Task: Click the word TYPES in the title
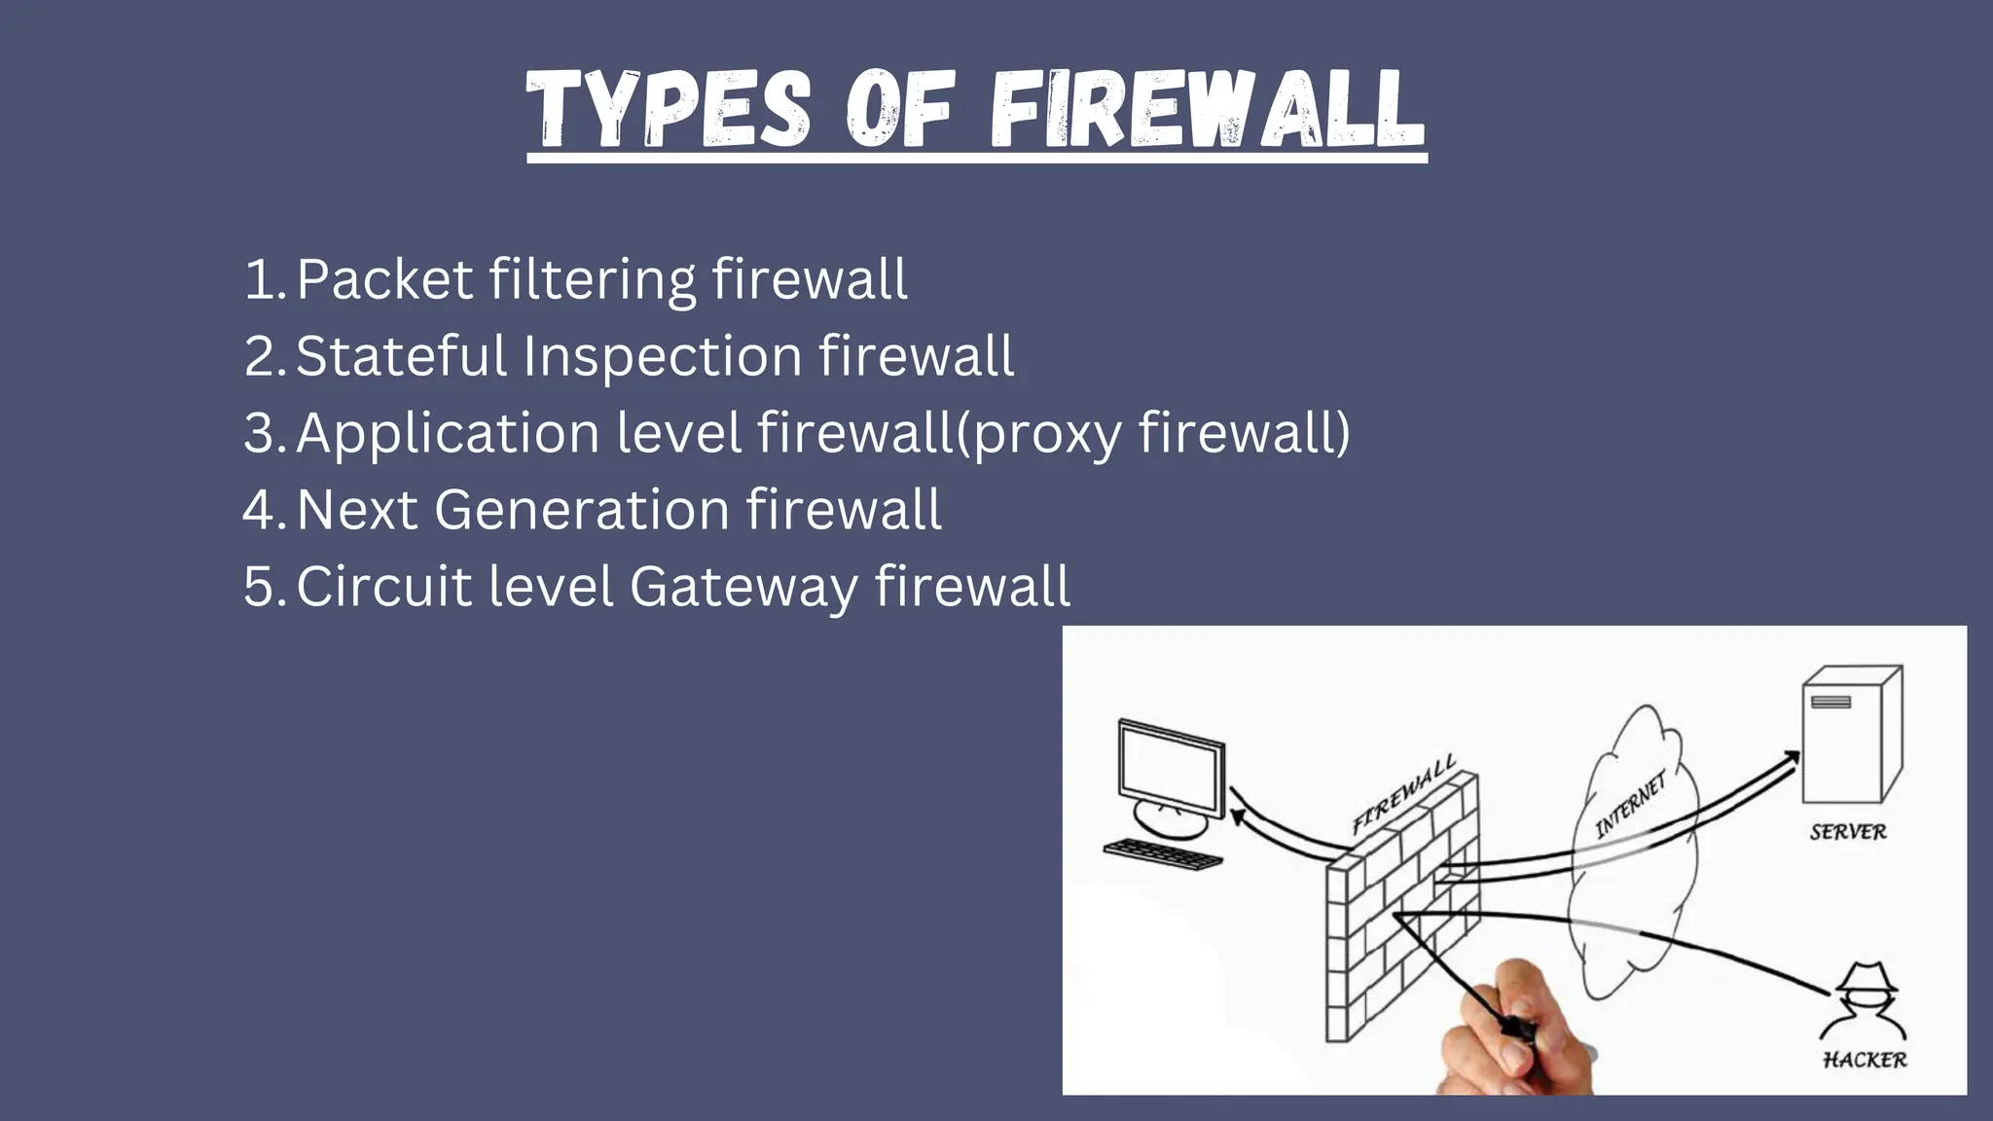click(670, 109)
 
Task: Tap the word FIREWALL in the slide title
click(1208, 109)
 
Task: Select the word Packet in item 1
click(384, 279)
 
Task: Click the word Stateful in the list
click(401, 355)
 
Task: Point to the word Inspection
click(663, 355)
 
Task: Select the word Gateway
click(744, 588)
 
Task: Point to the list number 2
click(261, 355)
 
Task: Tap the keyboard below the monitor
click(1163, 854)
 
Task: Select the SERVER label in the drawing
click(1848, 832)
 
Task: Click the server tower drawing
click(1850, 734)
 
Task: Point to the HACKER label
click(1865, 1060)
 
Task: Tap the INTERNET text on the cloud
click(1630, 805)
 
